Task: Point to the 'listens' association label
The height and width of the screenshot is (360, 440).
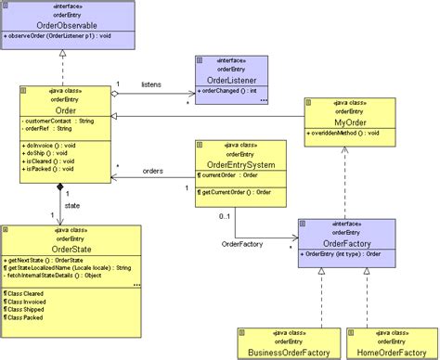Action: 151,84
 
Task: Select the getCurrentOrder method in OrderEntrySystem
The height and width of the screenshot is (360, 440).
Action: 238,192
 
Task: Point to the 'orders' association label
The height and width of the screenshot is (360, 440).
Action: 153,171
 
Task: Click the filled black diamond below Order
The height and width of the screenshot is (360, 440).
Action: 60,187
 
